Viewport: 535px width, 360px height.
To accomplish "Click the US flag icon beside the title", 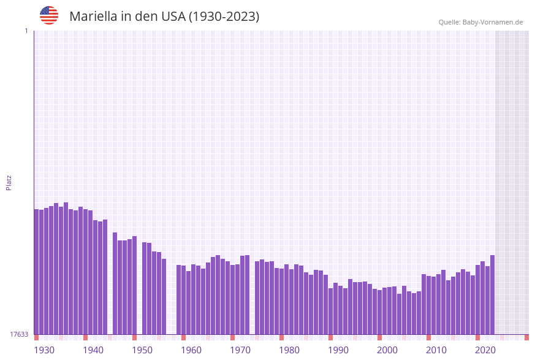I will coord(49,15).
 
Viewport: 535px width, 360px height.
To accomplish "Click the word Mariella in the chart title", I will coord(93,17).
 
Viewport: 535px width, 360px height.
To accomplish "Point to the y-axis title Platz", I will coord(9,182).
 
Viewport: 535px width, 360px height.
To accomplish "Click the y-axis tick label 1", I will coord(26,31).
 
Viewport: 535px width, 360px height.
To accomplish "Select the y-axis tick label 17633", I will coord(18,334).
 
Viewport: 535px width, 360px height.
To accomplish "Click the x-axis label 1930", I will coord(44,350).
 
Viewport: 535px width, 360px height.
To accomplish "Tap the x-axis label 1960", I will coord(191,350).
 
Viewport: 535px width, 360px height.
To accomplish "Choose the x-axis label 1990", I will coord(338,350).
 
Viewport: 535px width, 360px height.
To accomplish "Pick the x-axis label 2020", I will coord(485,350).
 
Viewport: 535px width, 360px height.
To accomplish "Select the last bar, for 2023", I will coord(492,294).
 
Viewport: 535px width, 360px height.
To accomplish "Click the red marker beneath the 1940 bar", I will coord(86,337).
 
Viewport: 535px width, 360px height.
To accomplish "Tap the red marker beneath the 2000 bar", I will coord(380,337).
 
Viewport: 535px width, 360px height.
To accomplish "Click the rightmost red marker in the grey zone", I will coord(526,337).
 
